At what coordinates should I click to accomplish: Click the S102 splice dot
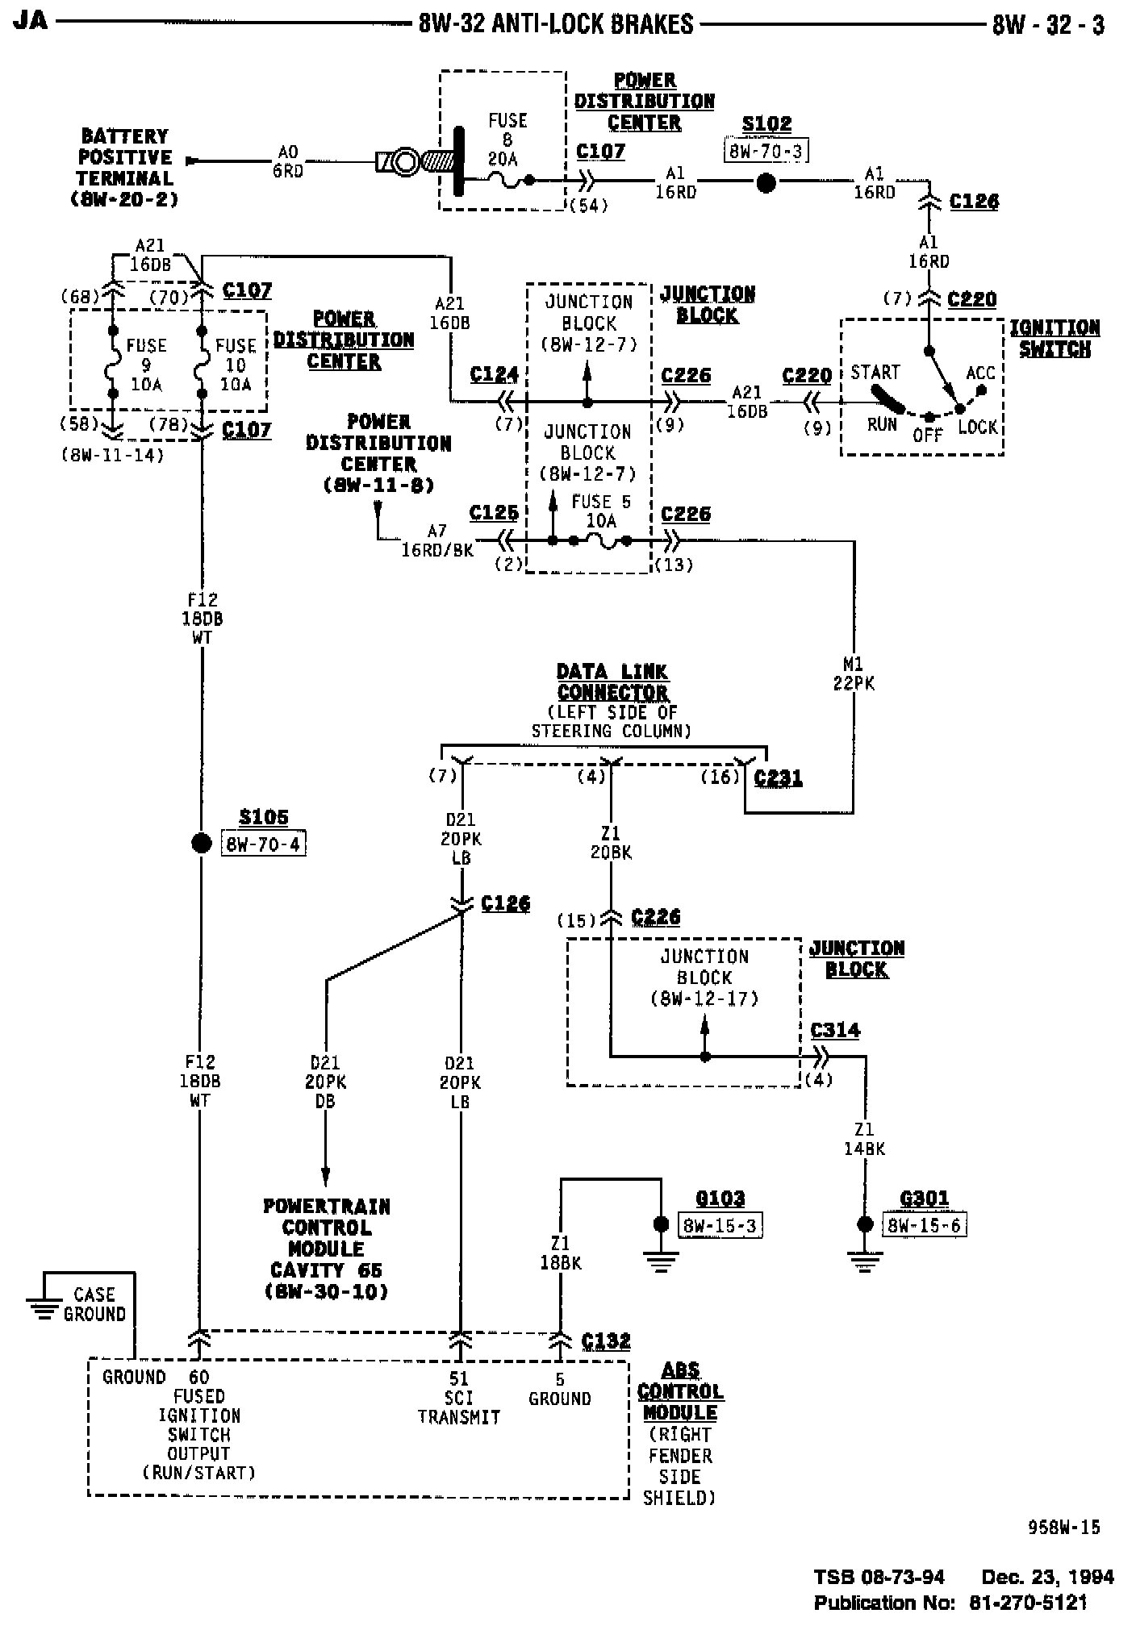point(766,184)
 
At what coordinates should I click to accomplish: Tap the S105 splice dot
point(201,844)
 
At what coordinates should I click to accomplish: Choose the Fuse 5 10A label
point(601,511)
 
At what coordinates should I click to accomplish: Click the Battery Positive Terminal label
point(125,168)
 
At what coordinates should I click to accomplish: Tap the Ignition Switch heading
point(1055,339)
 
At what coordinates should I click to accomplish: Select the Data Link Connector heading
point(612,682)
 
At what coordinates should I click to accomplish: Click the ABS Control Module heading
point(680,1391)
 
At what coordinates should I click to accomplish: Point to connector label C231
point(778,778)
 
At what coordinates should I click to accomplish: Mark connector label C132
point(606,1340)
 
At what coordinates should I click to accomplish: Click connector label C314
point(835,1031)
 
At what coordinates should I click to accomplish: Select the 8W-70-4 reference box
point(264,844)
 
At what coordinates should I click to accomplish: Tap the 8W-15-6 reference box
point(925,1226)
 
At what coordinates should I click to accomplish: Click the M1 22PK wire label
point(853,674)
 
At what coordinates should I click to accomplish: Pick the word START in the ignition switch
point(875,373)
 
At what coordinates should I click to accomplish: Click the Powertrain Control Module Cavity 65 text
point(327,1249)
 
